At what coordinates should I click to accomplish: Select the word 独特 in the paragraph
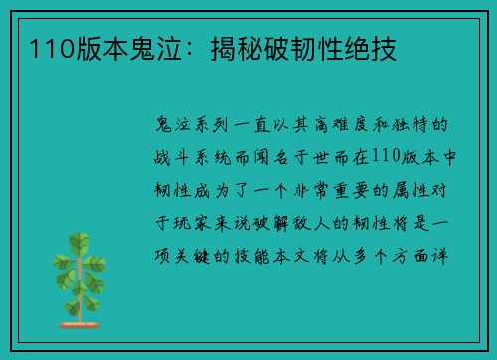click(x=413, y=127)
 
